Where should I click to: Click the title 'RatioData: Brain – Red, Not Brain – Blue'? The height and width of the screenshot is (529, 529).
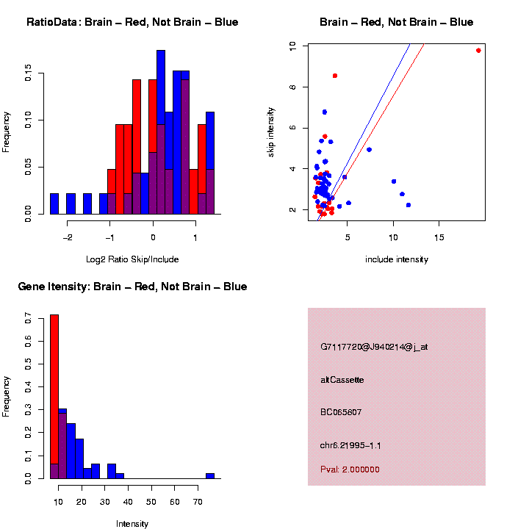coord(132,23)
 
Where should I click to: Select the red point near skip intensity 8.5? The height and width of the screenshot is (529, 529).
coord(335,76)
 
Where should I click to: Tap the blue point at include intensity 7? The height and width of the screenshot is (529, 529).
coord(369,150)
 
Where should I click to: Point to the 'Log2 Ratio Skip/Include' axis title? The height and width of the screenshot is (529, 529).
coord(132,259)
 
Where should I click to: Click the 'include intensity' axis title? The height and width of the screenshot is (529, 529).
coord(397,259)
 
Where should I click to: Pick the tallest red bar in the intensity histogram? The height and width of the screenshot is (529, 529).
coord(54,397)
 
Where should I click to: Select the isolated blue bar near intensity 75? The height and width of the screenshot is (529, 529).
coord(210,476)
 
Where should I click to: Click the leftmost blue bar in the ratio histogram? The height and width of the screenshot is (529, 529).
coord(54,204)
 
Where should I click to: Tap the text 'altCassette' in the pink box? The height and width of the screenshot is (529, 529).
coord(342,380)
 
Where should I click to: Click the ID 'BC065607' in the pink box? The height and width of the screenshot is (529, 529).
coord(341,412)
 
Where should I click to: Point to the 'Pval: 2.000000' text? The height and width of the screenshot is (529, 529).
coord(350,469)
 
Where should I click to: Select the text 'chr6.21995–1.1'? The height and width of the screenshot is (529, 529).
coord(350,445)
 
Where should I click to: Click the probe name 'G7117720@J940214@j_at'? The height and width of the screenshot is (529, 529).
coord(374,347)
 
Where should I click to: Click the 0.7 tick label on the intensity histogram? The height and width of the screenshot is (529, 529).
coord(29,320)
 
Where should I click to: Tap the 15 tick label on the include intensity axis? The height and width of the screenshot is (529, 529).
coord(439,237)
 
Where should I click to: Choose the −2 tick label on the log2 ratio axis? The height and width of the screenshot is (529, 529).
coord(68,237)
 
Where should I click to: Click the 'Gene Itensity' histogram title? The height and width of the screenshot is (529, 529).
coord(132,287)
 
